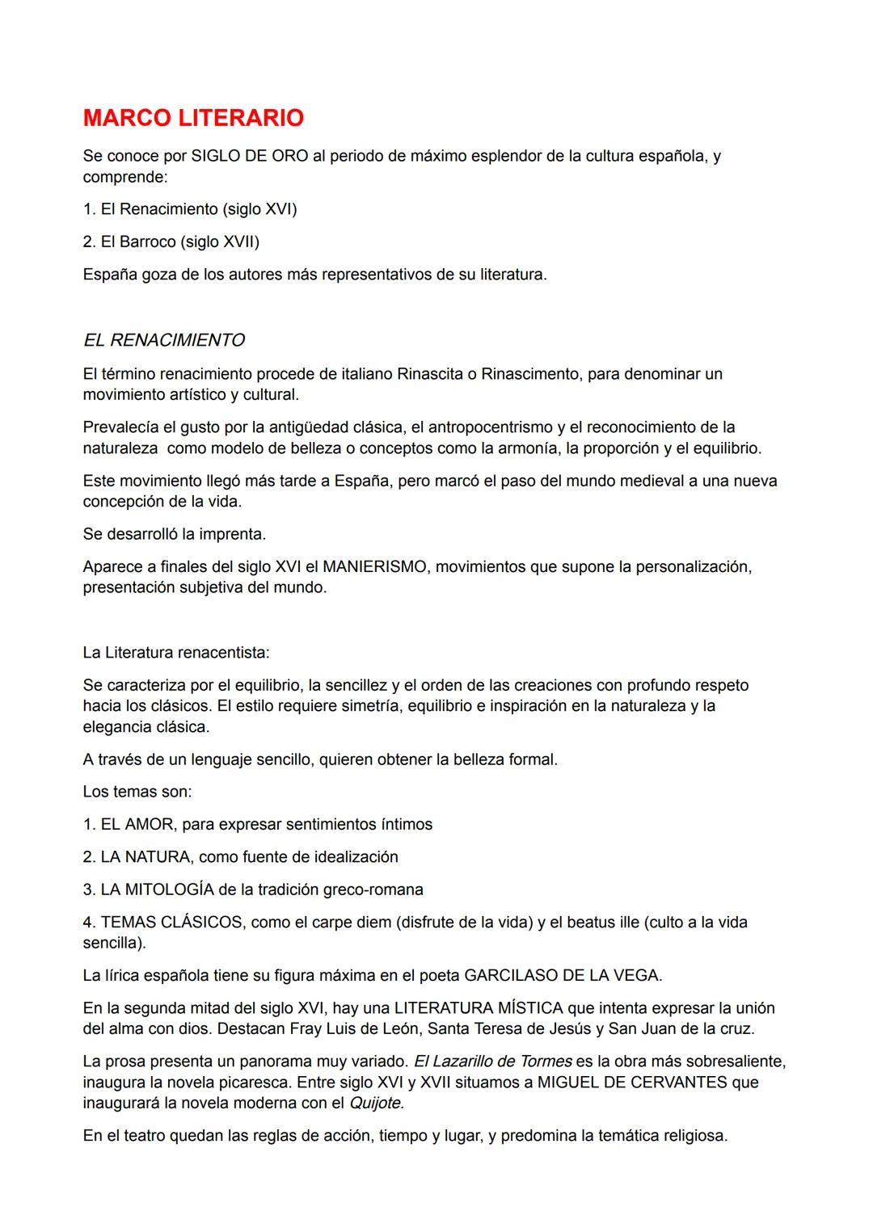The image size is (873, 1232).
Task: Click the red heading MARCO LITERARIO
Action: [193, 118]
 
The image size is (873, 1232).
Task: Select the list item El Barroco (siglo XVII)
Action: [171, 242]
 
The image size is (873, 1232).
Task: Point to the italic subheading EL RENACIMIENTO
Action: [164, 340]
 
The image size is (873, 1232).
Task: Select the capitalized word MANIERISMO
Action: [374, 567]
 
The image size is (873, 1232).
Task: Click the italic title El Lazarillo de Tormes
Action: [492, 1061]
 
